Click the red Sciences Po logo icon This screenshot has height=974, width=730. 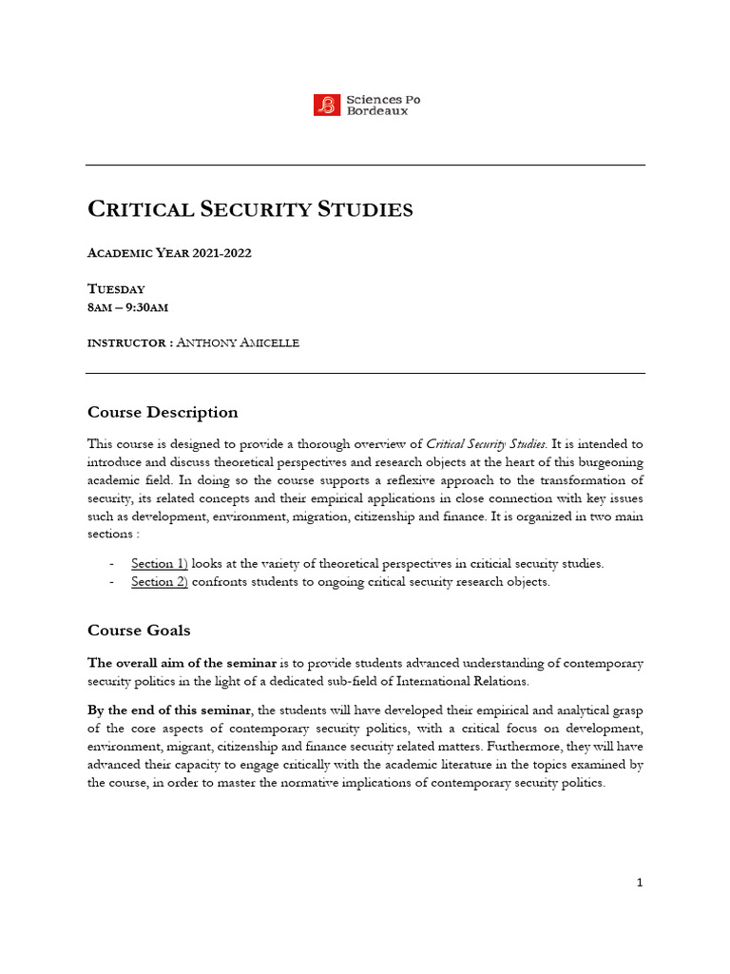click(x=326, y=105)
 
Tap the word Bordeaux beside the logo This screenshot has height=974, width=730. click(x=377, y=111)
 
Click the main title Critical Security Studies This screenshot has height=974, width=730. click(x=250, y=209)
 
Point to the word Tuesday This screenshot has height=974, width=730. click(x=116, y=288)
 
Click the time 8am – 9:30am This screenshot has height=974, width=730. click(x=128, y=306)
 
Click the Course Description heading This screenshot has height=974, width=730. click(x=163, y=412)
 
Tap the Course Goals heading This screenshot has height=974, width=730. click(x=139, y=630)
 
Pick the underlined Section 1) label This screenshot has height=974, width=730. click(x=160, y=564)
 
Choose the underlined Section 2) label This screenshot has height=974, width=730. click(x=160, y=582)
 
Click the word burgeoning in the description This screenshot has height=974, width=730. click(x=605, y=462)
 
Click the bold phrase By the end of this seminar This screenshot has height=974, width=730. click(x=171, y=709)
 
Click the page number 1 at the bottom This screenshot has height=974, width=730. click(x=640, y=883)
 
